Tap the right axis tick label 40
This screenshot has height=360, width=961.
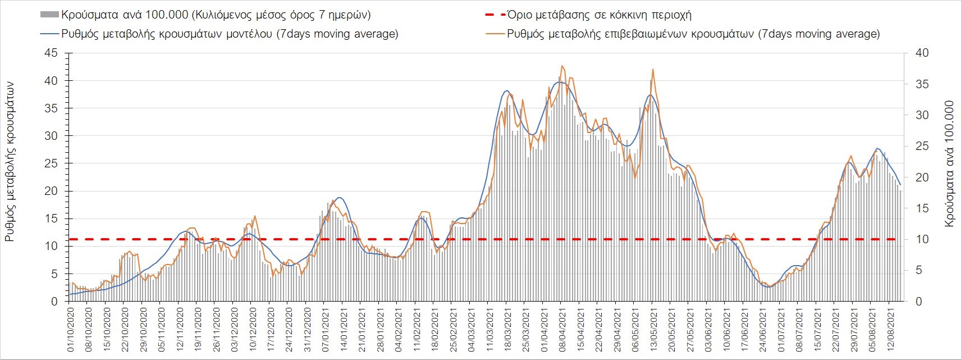[922, 53]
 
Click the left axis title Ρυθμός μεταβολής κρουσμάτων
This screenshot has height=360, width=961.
[10, 162]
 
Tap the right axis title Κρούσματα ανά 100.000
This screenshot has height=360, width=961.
[949, 164]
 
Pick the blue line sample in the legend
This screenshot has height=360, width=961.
[49, 34]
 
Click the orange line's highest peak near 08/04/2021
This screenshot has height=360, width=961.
[562, 66]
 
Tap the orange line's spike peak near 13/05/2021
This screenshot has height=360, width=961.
[653, 69]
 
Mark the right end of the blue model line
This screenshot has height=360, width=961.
[900, 185]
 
